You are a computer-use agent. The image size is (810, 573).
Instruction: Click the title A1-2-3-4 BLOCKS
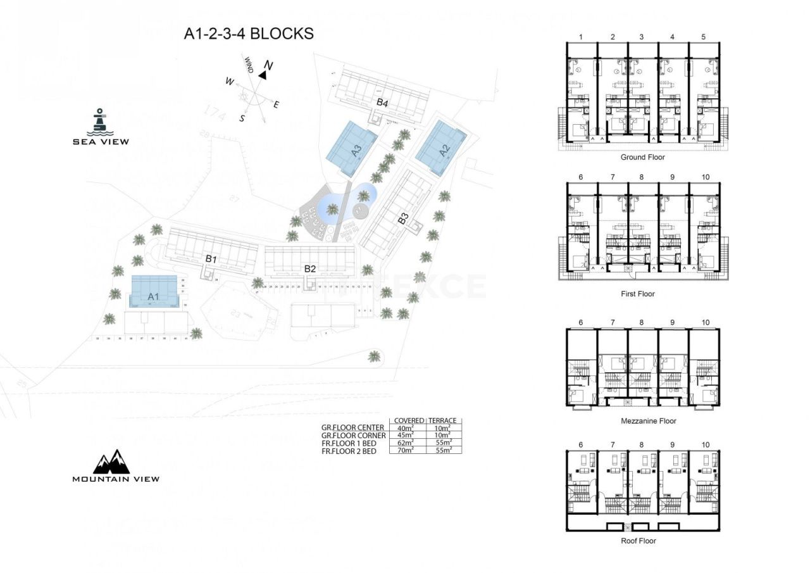click(248, 34)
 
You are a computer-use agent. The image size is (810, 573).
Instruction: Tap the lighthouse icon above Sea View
click(99, 121)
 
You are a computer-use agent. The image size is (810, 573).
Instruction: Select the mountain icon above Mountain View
click(111, 462)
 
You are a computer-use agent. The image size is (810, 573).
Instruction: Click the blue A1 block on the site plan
click(154, 293)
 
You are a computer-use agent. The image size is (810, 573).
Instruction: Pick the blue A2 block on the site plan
click(441, 148)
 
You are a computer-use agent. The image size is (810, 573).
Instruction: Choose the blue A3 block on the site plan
click(352, 149)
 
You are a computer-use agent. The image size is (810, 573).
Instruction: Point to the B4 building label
click(382, 102)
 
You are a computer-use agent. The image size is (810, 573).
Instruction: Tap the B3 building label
click(403, 219)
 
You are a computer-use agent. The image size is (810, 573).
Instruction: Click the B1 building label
click(211, 260)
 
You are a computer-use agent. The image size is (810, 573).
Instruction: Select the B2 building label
click(309, 268)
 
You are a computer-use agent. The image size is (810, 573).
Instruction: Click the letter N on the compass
click(268, 65)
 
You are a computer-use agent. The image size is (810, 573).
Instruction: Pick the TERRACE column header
click(443, 420)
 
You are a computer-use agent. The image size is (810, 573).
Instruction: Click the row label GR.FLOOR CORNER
click(354, 436)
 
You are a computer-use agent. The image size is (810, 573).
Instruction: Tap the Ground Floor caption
click(642, 157)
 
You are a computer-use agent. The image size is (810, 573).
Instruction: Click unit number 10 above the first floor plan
click(706, 177)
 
